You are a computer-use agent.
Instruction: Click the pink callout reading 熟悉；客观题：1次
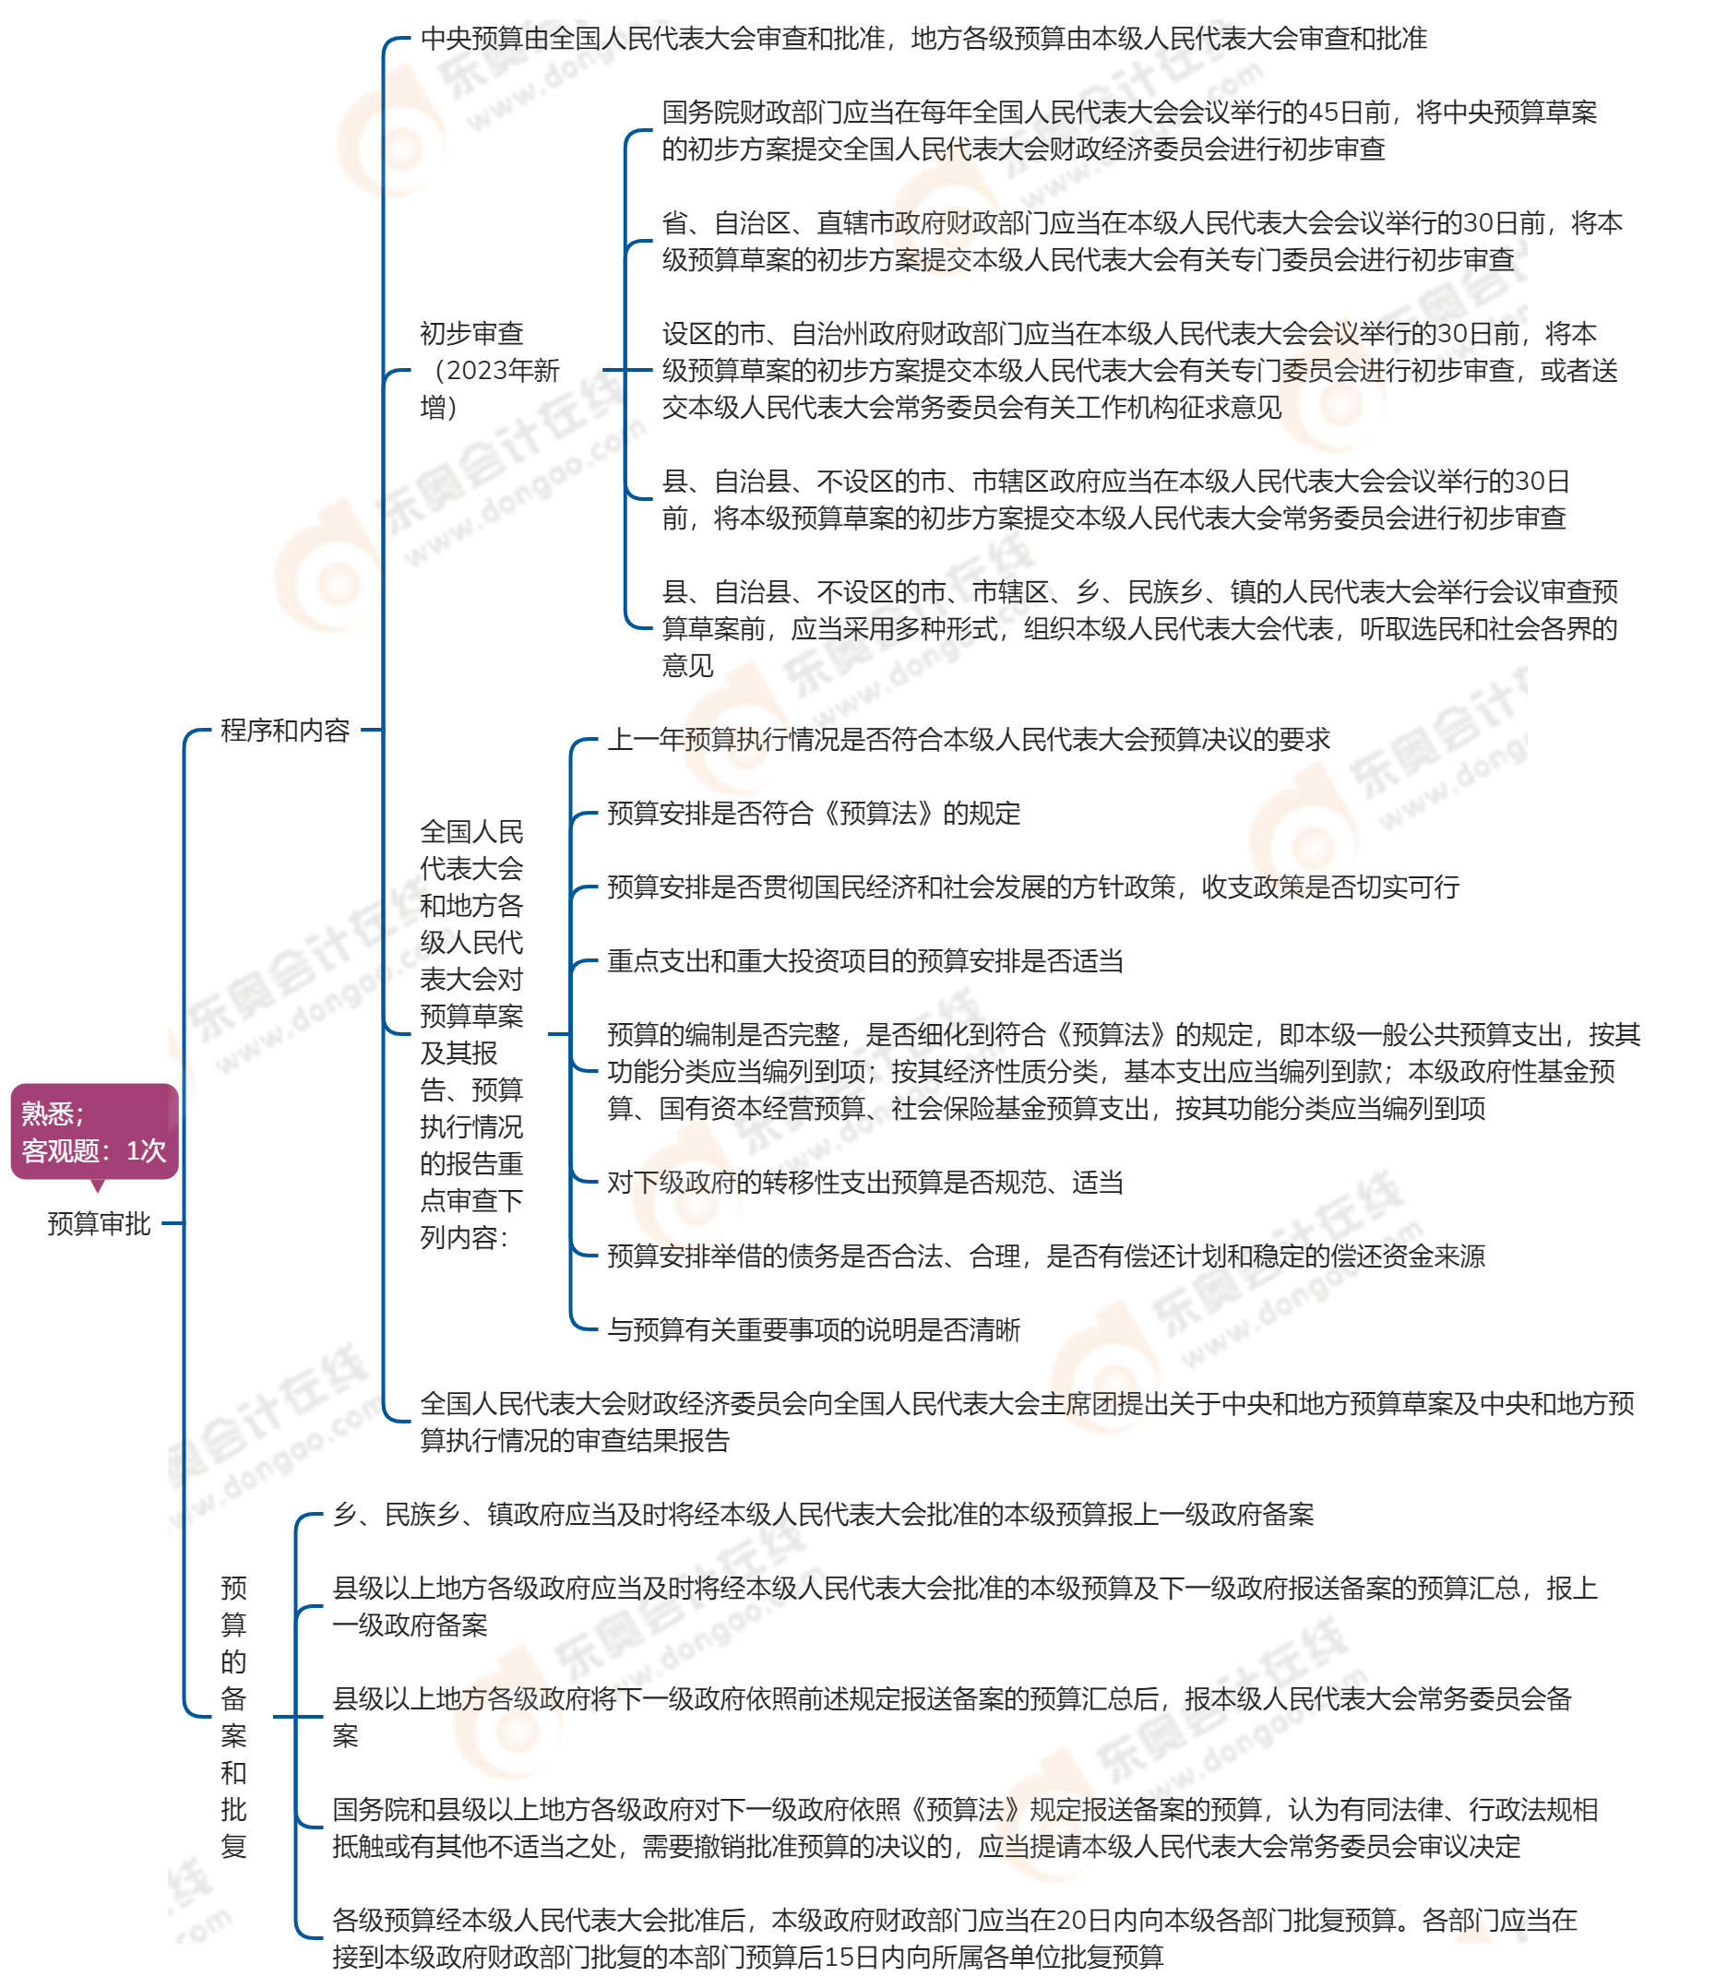[94, 1131]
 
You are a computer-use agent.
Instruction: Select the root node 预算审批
[100, 1224]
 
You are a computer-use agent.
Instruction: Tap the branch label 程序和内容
[285, 731]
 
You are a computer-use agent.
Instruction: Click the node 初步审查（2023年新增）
[490, 370]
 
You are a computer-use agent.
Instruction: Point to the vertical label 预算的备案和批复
[234, 1717]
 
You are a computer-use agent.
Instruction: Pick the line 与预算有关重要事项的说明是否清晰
[814, 1330]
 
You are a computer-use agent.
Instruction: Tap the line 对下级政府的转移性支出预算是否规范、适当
[865, 1183]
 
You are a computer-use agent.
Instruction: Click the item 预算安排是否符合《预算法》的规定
[814, 814]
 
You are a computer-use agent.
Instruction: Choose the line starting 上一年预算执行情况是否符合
[968, 739]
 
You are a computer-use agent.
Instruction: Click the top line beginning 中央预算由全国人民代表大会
[923, 39]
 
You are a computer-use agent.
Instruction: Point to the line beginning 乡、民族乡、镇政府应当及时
[823, 1514]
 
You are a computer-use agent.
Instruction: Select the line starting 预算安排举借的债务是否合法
[1045, 1256]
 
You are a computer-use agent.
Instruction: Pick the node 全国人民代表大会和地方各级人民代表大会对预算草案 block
[471, 1034]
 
